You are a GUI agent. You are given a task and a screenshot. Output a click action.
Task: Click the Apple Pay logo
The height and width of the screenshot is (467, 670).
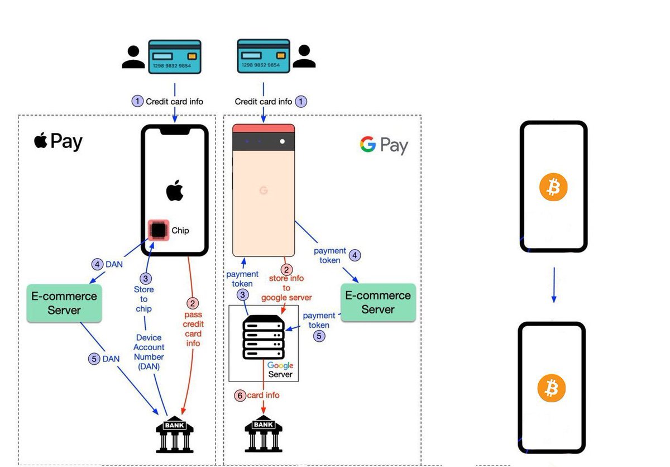click(x=58, y=141)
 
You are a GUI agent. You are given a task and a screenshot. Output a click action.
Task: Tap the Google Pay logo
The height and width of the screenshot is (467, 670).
click(x=384, y=146)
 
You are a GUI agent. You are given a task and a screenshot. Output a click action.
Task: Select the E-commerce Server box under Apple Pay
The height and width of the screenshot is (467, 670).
click(x=64, y=303)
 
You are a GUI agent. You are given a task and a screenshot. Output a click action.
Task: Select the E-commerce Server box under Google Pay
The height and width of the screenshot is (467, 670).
click(x=378, y=302)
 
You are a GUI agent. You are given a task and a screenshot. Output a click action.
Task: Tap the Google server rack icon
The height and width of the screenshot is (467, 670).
click(x=264, y=337)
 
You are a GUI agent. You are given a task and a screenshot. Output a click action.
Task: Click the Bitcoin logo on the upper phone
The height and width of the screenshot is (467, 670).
click(x=553, y=187)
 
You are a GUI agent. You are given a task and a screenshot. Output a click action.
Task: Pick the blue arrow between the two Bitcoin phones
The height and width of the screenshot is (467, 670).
click(x=553, y=284)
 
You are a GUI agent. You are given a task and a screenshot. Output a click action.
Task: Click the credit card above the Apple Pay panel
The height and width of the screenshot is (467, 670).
click(x=174, y=56)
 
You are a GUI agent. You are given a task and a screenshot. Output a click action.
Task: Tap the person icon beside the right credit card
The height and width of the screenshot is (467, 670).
click(x=304, y=56)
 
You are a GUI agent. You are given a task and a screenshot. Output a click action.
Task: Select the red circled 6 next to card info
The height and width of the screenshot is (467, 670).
click(x=240, y=395)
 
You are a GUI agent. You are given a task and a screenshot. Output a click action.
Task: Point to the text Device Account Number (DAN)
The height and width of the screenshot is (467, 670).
click(x=149, y=352)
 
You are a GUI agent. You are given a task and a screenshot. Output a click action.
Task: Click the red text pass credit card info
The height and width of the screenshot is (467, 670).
click(x=193, y=329)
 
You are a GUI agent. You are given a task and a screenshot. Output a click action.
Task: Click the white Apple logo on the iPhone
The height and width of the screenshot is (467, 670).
click(x=175, y=191)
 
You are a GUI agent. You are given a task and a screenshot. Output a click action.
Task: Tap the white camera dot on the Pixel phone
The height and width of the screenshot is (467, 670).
click(x=283, y=141)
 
